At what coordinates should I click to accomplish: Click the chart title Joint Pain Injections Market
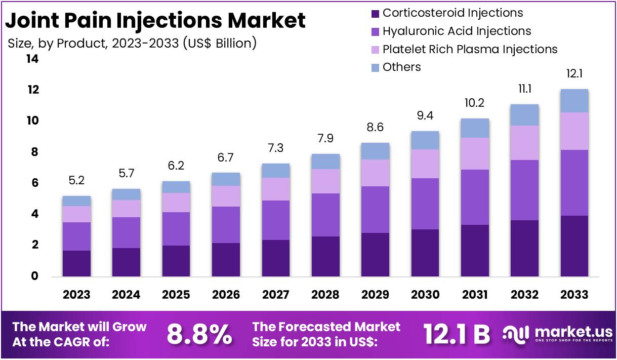coord(155,20)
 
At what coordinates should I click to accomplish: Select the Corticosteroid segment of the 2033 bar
coord(574,246)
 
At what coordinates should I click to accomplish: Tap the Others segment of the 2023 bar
coord(76,201)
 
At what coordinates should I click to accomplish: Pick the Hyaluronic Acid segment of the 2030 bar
coord(425,204)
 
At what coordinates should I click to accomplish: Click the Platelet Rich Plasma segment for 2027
coord(275,189)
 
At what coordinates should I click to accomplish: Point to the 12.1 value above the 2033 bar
coord(574,74)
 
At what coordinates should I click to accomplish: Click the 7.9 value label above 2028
coord(325,139)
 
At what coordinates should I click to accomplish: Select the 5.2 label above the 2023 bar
coord(76,181)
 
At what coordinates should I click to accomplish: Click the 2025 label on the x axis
coord(176,295)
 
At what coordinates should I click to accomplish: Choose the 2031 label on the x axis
coord(474,295)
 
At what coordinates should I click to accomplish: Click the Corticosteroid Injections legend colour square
coord(375,14)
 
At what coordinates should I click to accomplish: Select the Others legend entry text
coord(401,67)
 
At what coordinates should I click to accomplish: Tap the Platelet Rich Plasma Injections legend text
coord(470,49)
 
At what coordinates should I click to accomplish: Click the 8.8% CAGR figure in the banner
coord(199,334)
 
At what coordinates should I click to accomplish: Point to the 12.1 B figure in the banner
coord(457,334)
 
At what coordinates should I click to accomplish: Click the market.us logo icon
coord(515,334)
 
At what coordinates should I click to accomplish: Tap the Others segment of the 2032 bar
coord(524,115)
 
